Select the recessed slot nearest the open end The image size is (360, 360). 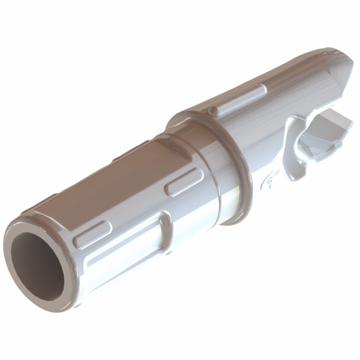tap(92, 234)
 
